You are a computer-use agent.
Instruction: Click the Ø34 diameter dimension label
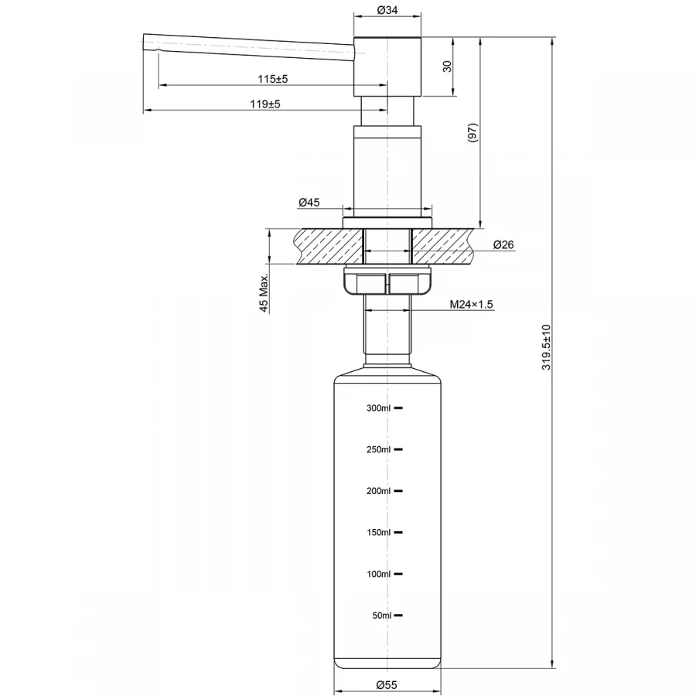coord(387,10)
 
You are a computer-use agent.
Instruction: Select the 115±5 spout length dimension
coord(273,79)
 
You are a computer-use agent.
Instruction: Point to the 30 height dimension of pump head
coord(447,67)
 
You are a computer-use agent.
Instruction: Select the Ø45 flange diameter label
coord(309,203)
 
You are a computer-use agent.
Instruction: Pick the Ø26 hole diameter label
coord(503,245)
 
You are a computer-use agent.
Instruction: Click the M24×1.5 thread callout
coord(472,305)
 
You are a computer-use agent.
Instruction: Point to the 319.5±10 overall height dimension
coord(546,348)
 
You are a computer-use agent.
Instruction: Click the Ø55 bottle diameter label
coord(387,684)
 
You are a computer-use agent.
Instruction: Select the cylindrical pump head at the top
coord(387,67)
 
